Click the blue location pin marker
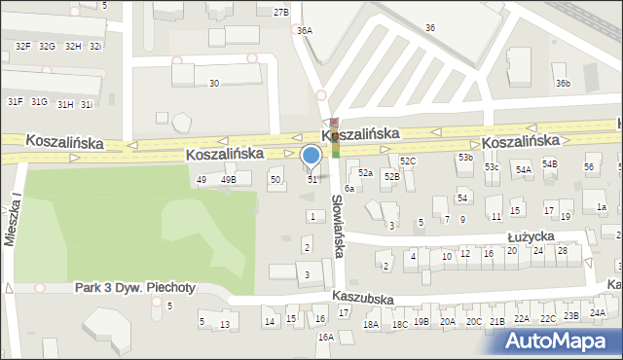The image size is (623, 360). [311, 157]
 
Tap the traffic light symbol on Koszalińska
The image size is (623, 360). [335, 137]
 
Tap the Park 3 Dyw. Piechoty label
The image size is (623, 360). [135, 288]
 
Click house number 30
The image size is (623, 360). [214, 84]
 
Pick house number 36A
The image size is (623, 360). [305, 31]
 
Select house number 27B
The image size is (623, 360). [281, 12]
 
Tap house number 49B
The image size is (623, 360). [228, 180]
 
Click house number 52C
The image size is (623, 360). [408, 161]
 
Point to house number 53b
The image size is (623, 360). [466, 158]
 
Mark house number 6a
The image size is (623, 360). [348, 188]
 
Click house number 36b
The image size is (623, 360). [563, 84]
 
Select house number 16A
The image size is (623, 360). [325, 337]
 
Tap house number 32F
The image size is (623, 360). [22, 46]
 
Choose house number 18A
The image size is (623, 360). [371, 325]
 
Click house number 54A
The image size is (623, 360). [524, 170]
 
